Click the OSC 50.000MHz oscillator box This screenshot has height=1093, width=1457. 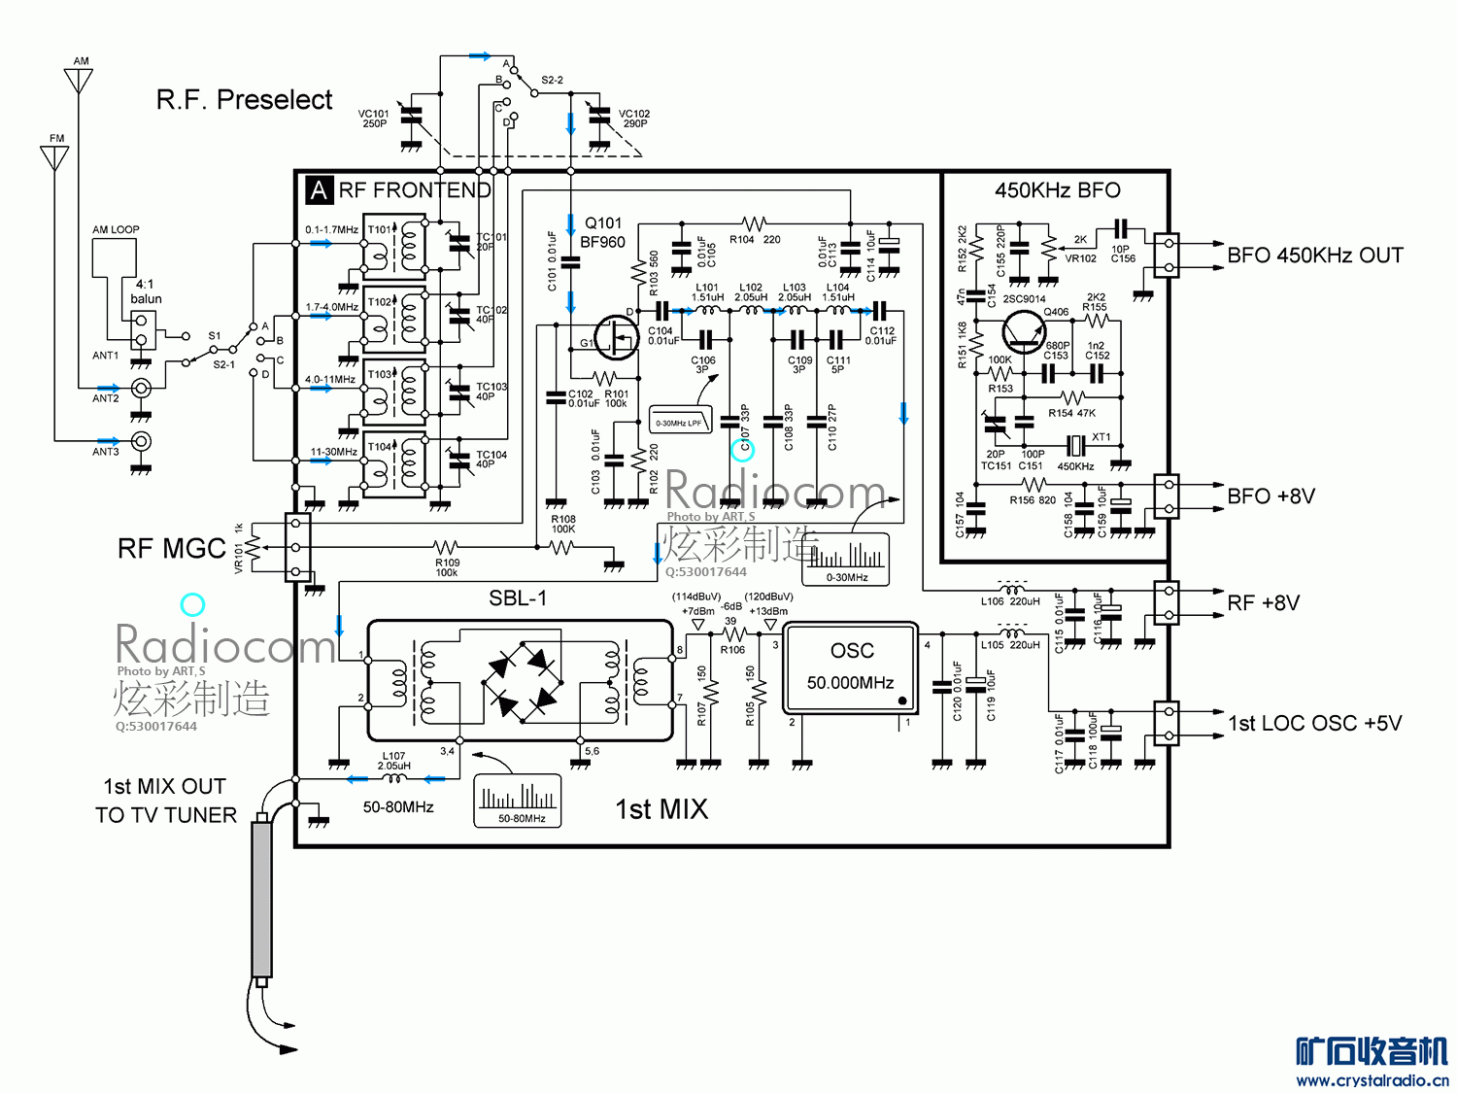coord(850,668)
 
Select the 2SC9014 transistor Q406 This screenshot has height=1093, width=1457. coord(1024,331)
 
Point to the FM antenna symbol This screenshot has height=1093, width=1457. coord(55,155)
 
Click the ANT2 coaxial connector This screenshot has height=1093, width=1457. coord(141,389)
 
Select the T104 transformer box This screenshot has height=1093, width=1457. coord(394,464)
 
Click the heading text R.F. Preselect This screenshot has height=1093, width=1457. coord(244,100)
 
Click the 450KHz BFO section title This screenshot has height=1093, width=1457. coord(1057,190)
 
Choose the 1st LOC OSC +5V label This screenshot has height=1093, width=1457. coord(1315,724)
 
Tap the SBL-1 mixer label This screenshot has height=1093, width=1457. coord(518,598)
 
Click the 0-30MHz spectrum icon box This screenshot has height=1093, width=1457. coord(846,559)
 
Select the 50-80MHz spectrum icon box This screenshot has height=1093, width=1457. coord(518,801)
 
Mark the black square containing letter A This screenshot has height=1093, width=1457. coord(319,189)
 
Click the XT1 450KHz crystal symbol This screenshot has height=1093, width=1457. coord(1074,446)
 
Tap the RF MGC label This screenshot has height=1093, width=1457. coord(171,549)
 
